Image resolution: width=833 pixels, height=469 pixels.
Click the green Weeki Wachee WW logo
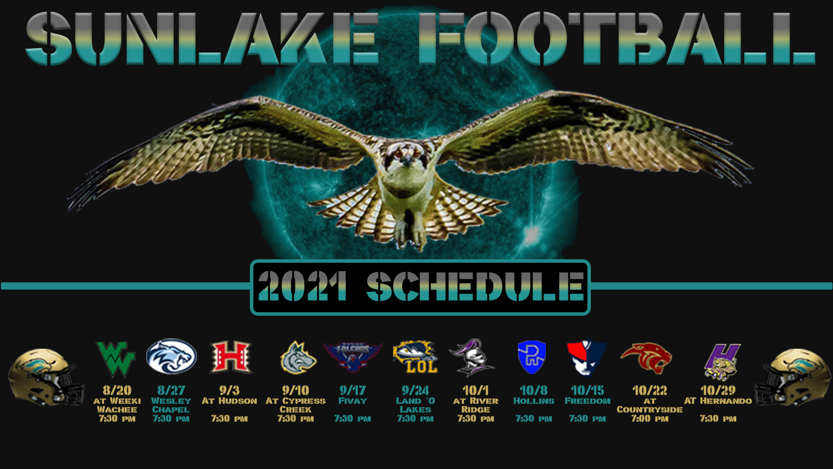[115, 359]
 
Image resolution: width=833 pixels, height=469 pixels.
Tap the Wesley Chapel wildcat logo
[171, 357]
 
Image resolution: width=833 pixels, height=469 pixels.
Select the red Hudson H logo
[230, 357]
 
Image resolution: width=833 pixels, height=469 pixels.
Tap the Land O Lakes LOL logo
[415, 357]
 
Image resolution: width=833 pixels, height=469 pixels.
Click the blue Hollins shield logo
[532, 357]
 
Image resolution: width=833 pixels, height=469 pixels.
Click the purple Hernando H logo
[722, 362]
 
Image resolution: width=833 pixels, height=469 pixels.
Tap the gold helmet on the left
[46, 377]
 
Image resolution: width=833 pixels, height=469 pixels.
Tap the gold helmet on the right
[793, 377]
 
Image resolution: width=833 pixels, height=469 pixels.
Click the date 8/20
[117, 390]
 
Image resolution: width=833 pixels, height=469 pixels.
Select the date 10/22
[649, 390]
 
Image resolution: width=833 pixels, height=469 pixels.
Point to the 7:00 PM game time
[649, 419]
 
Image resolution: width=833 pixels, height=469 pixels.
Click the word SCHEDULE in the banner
[475, 286]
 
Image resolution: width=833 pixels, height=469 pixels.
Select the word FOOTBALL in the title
[617, 39]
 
